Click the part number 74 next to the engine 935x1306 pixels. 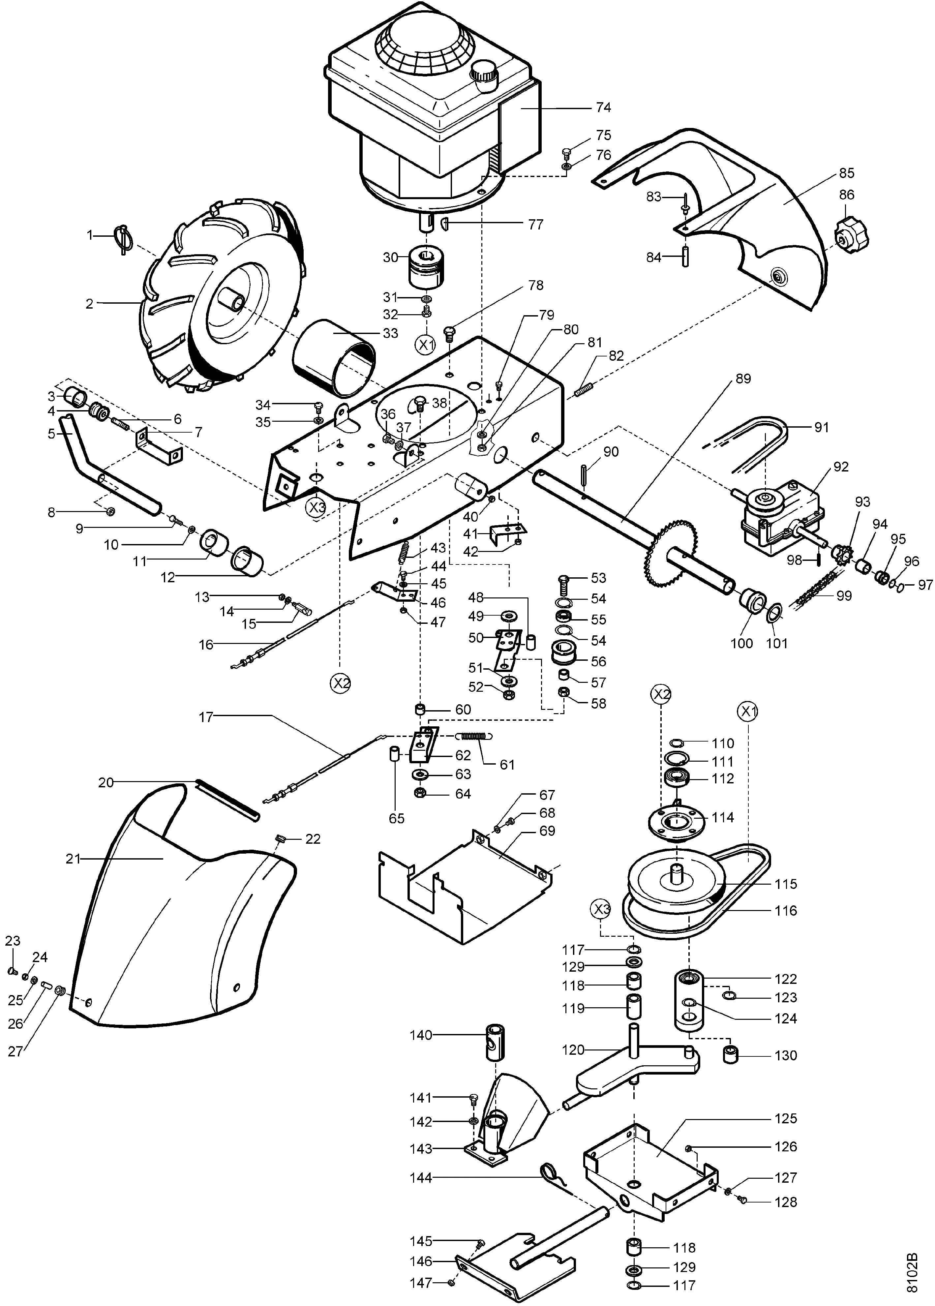[603, 108]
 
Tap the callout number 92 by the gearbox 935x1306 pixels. [841, 467]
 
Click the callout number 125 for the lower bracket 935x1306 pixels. [786, 1118]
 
